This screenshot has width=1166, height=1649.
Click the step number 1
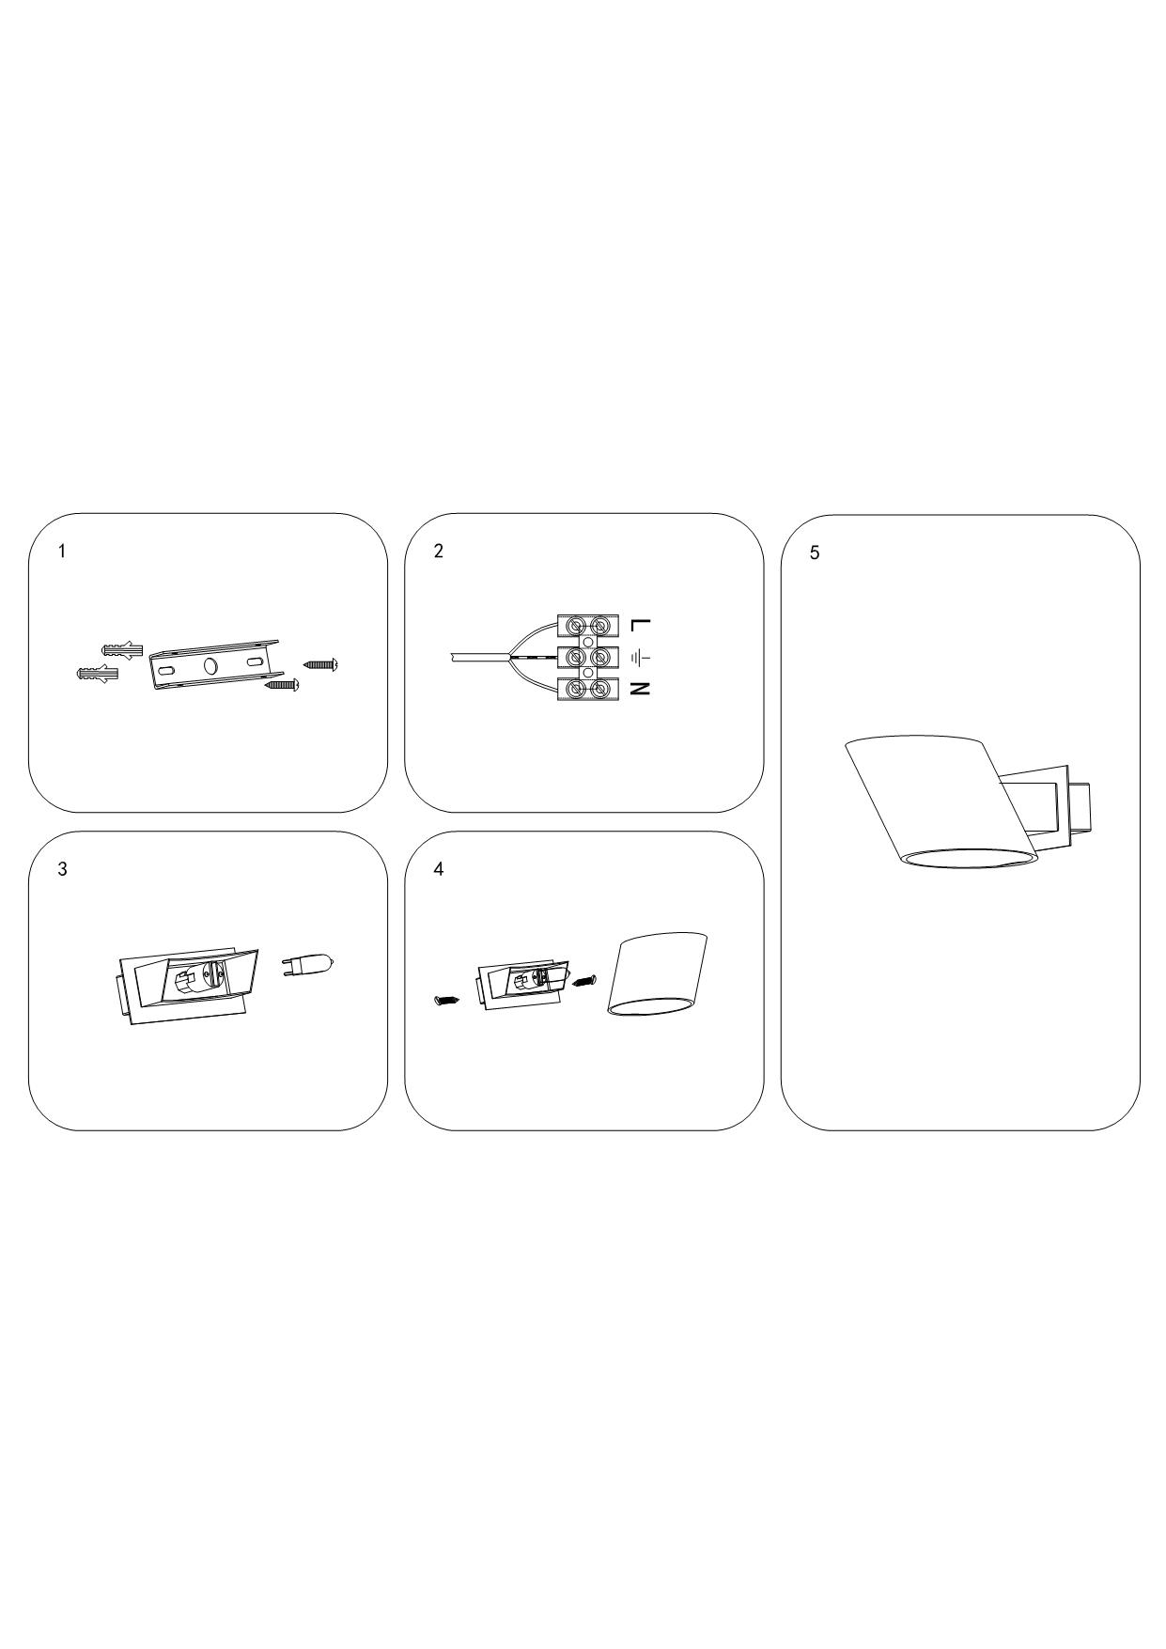tap(62, 552)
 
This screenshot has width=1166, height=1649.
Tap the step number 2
tap(438, 552)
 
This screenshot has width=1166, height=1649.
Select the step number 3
tap(62, 869)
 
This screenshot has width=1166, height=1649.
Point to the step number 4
tap(438, 869)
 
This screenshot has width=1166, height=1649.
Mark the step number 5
tap(815, 552)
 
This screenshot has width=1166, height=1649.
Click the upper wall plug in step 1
tap(121, 649)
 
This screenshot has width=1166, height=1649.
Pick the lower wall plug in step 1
tap(98, 674)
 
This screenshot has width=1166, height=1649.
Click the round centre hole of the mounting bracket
tap(210, 666)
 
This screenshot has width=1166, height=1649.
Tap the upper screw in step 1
tap(321, 664)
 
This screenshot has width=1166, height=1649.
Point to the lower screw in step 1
tap(283, 685)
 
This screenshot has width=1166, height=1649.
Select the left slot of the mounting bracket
tap(166, 672)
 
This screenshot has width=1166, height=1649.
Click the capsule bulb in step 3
tap(307, 964)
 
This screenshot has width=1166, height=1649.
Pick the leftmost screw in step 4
tap(445, 1000)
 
